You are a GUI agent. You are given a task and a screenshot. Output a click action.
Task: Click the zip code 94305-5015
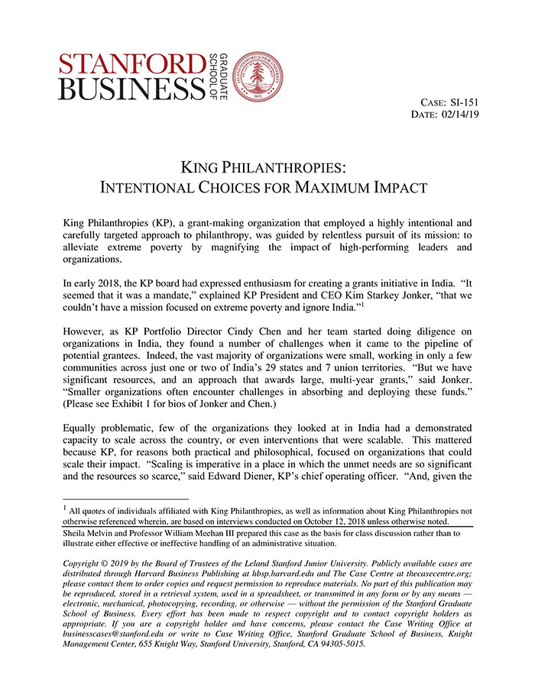341,643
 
